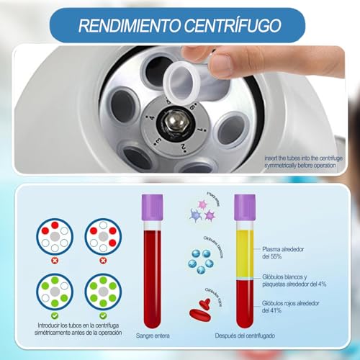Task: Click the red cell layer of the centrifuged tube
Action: click(244, 302)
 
